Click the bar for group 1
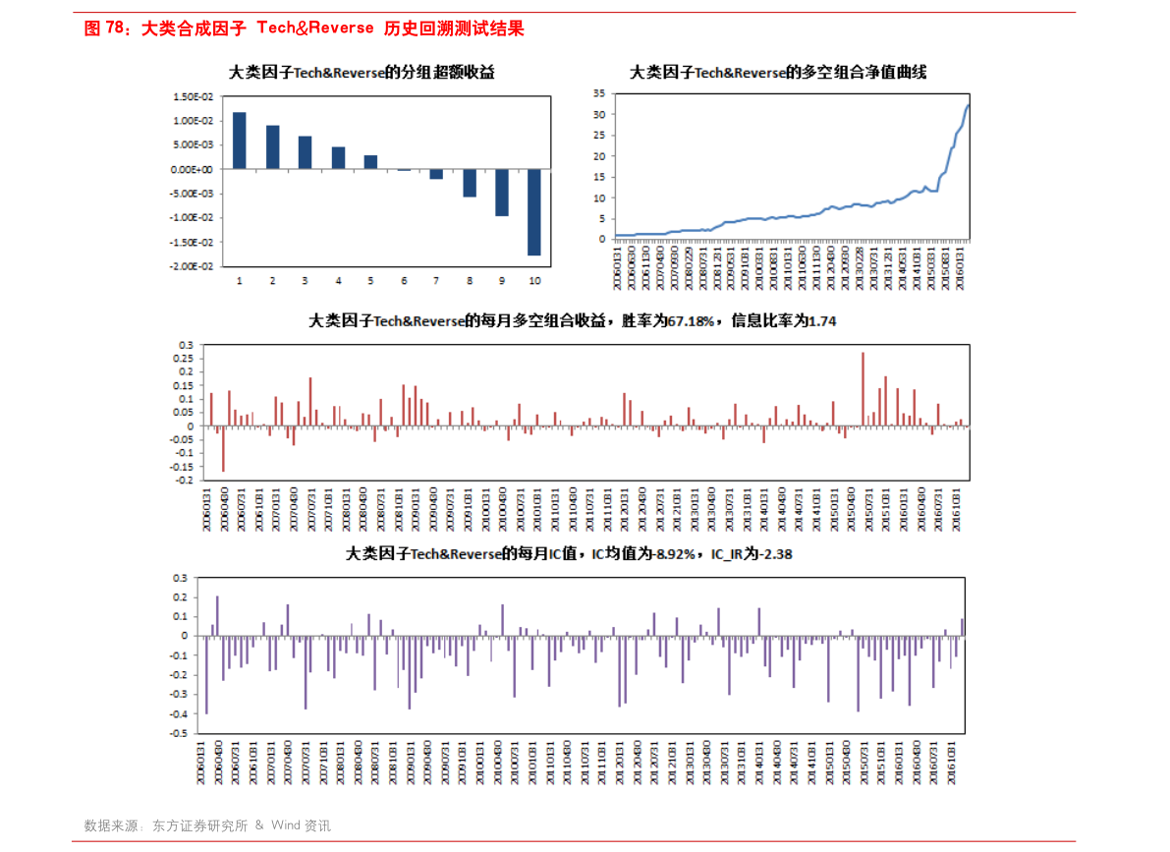[240, 141]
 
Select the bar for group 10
[534, 212]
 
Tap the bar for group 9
[502, 193]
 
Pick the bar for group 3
[305, 152]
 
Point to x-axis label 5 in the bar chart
[370, 281]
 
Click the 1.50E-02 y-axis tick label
[194, 96]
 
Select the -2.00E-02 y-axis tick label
[193, 266]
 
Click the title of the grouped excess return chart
[362, 73]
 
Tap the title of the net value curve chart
[777, 73]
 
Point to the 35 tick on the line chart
[599, 92]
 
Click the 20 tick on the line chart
[599, 155]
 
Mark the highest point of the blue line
[969, 105]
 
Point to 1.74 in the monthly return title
[821, 321]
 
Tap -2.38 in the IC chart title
[771, 554]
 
